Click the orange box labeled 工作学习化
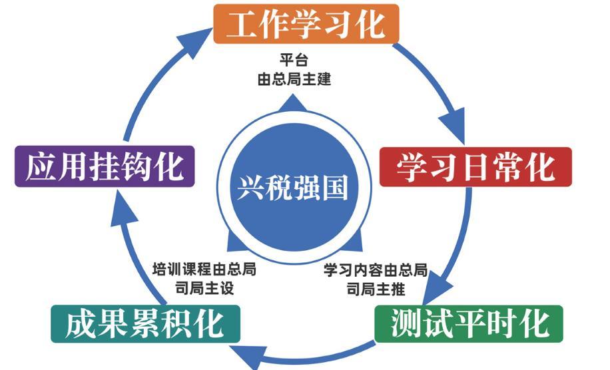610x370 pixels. point(306,25)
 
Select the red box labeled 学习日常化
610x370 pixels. point(475,166)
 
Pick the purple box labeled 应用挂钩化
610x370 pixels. point(105,166)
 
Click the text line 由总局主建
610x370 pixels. point(294,79)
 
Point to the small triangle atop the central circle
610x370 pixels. point(293,104)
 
